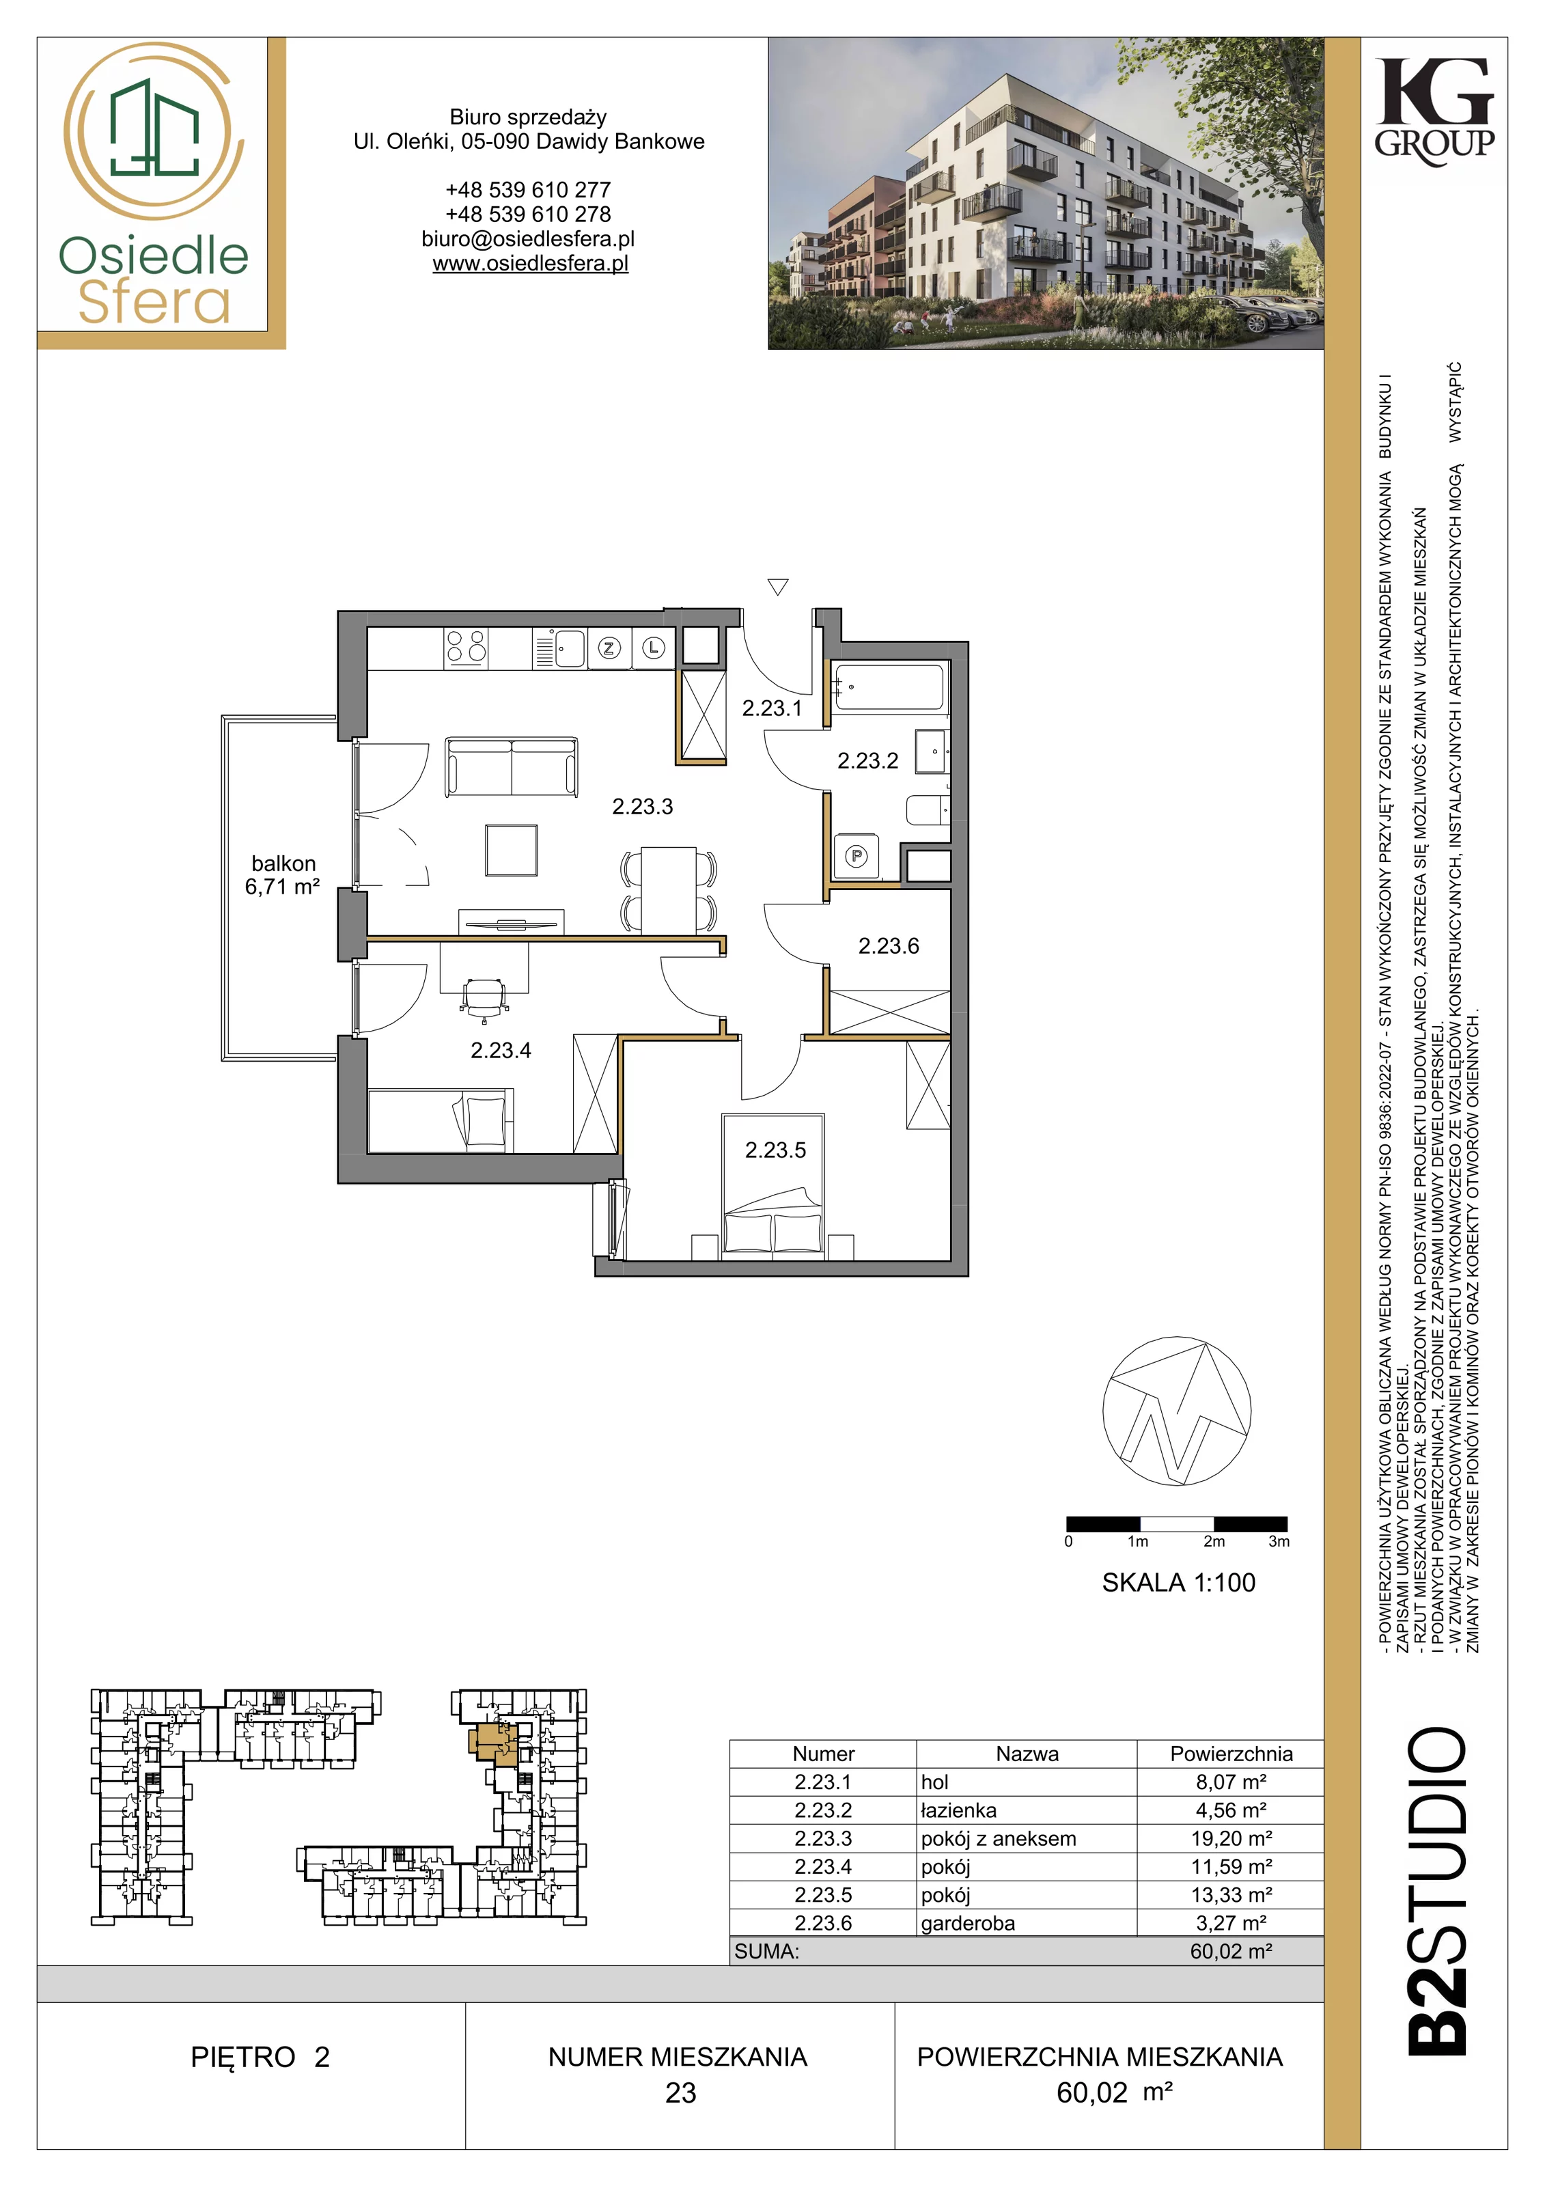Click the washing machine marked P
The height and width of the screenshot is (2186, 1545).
(x=856, y=857)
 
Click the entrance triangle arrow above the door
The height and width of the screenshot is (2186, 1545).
(x=778, y=587)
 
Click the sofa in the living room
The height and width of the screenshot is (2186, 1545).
(x=511, y=766)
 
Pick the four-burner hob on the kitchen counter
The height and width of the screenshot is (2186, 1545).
(x=467, y=648)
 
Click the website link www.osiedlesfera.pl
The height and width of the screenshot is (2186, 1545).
(x=530, y=264)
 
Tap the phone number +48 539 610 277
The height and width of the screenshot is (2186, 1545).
(x=529, y=189)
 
